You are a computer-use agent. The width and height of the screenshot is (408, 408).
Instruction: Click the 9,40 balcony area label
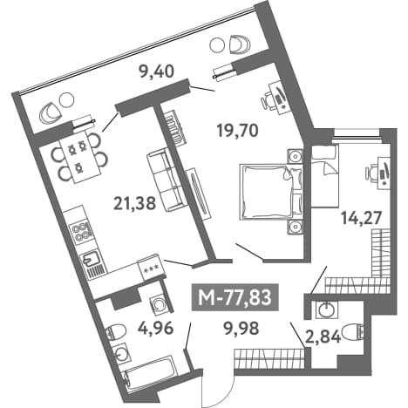(x=157, y=71)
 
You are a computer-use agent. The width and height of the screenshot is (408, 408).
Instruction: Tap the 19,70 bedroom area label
(x=238, y=131)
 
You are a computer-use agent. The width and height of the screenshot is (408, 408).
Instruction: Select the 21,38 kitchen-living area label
(x=135, y=203)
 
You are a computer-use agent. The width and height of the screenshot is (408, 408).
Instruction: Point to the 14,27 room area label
(x=361, y=218)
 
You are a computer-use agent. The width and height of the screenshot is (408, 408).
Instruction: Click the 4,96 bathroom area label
(x=157, y=329)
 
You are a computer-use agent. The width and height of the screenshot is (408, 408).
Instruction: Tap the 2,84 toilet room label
(x=323, y=337)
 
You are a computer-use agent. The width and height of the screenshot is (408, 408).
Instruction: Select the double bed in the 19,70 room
(x=270, y=192)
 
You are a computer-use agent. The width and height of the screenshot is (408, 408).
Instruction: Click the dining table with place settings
(x=82, y=157)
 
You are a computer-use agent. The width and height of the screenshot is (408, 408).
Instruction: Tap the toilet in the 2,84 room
(x=353, y=331)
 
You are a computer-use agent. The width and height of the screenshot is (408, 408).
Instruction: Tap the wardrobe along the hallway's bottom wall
(x=269, y=358)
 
